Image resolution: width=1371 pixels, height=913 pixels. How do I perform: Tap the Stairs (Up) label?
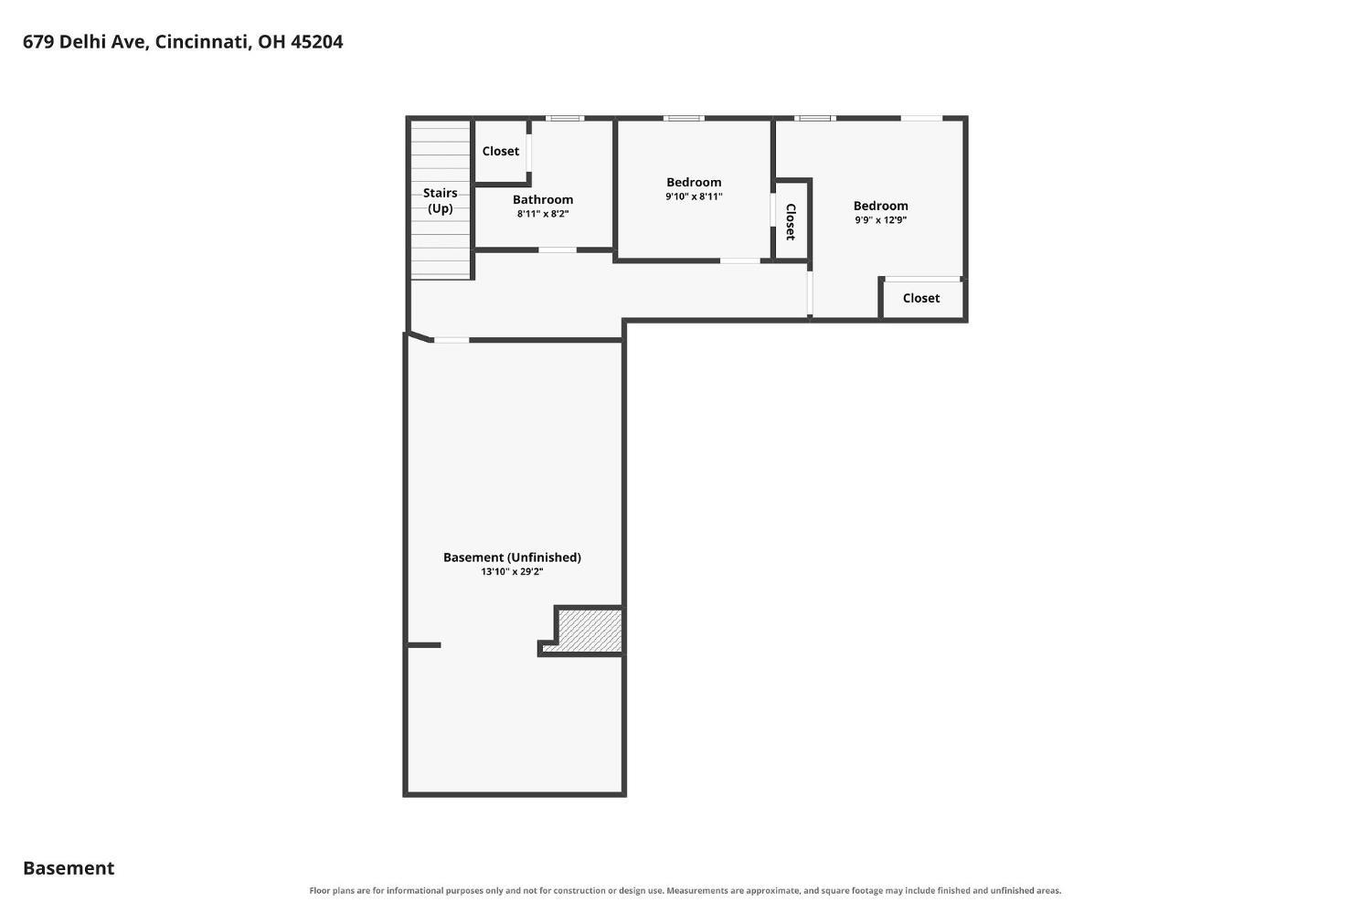440,201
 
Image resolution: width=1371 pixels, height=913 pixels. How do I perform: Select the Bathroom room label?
543,199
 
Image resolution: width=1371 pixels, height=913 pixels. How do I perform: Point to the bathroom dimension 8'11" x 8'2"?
543,214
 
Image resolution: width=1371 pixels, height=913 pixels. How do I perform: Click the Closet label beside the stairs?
500,151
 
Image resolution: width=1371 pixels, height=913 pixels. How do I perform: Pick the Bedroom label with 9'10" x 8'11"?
694,183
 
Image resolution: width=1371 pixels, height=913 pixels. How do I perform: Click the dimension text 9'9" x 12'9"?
881,220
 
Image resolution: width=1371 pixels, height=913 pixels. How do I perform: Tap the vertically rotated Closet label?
791,221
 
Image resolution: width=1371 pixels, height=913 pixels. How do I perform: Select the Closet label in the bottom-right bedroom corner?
921,298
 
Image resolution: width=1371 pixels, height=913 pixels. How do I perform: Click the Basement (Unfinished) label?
512,557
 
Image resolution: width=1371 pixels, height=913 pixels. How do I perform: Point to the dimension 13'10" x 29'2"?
512,571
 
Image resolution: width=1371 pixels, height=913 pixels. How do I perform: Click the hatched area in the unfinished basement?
590,631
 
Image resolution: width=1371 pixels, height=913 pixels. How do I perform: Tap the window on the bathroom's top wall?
565,118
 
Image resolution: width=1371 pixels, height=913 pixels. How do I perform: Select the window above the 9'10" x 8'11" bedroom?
684,118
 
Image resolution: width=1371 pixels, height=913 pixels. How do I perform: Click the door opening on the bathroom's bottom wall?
557,249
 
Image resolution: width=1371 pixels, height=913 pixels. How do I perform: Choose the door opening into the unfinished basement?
452,340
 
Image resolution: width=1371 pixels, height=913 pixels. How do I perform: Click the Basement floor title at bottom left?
69,868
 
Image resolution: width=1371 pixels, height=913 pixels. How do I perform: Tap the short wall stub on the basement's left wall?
423,645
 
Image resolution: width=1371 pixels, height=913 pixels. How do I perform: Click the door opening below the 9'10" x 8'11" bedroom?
740,260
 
